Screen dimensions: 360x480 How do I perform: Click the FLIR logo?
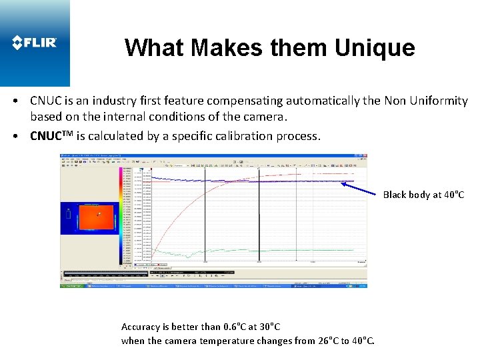coord(35,43)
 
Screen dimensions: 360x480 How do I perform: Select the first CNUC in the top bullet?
coord(47,101)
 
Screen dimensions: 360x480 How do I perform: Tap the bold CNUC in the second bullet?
coord(47,136)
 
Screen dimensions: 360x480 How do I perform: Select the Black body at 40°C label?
coord(423,195)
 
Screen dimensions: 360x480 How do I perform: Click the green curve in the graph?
coord(267,251)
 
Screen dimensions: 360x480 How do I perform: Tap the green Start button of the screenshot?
coord(73,285)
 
